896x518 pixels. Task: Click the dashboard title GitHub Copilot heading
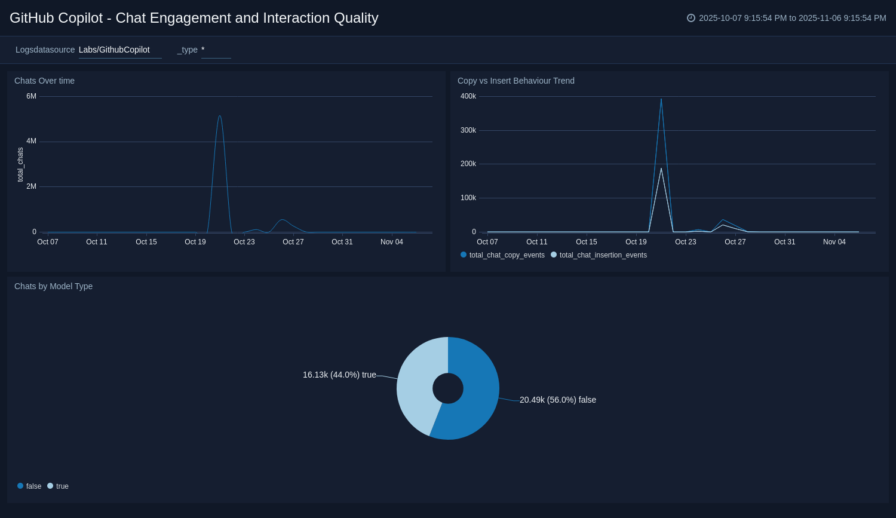[194, 18]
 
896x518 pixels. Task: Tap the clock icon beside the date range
[691, 18]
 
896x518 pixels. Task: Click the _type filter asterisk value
[203, 50]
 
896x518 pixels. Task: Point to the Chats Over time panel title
[44, 81]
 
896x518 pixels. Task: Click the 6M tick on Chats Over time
[31, 96]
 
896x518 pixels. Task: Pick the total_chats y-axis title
[20, 164]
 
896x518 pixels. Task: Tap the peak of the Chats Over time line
[220, 117]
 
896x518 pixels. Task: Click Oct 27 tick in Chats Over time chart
[293, 242]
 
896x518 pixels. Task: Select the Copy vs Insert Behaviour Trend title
[515, 81]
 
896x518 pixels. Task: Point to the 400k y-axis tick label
[468, 96]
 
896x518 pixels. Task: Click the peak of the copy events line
[661, 100]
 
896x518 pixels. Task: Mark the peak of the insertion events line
[661, 169]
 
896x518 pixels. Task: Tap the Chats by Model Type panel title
[53, 286]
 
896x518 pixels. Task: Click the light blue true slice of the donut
[415, 388]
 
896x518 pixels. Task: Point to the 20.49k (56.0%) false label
[557, 400]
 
